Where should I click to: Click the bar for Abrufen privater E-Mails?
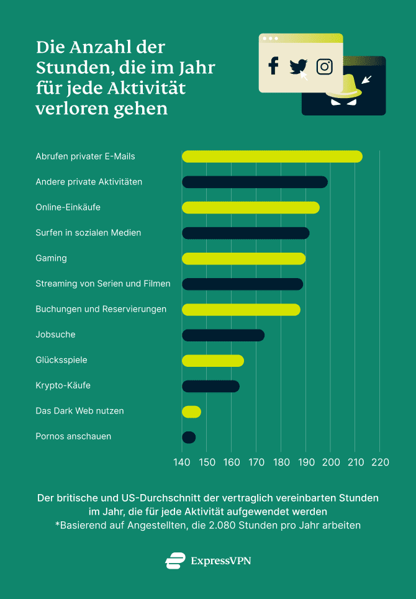pos(272,156)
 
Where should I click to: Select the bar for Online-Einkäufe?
pos(250,207)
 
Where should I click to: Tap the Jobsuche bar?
pos(223,335)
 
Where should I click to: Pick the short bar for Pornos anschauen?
pos(189,438)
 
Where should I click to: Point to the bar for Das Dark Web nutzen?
pos(191,412)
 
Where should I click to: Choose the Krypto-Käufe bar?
pos(210,386)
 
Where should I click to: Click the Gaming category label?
pos(51,258)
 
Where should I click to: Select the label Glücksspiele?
pos(61,360)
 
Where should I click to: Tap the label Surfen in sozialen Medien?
pos(88,233)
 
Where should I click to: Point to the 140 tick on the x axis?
pos(182,462)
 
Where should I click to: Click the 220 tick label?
pos(380,462)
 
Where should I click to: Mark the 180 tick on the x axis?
pos(281,462)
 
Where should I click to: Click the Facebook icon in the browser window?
pos(273,66)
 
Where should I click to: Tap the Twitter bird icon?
pos(299,66)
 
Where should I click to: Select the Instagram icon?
pos(324,66)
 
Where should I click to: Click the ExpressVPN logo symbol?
pos(175,561)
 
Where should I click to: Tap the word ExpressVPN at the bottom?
pos(221,561)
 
